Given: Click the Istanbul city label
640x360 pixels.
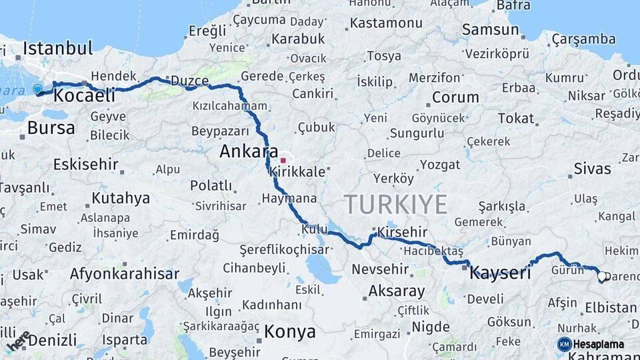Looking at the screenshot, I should [57, 48].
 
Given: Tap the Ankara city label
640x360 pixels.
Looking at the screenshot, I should [249, 152].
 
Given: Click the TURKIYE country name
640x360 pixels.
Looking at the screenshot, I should [395, 204].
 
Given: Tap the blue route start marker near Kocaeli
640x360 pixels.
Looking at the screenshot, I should [37, 89].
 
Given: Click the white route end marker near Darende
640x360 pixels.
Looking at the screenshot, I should [602, 276].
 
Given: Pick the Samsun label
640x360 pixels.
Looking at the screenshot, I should [490, 29].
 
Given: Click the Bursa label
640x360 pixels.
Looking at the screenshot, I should [51, 127].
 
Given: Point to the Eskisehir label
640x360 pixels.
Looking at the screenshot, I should [85, 164].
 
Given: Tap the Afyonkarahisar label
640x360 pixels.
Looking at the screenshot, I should [124, 273].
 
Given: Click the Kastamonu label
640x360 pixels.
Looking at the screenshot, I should [387, 23].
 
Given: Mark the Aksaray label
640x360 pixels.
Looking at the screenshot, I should [396, 291].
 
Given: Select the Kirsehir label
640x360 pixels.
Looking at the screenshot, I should [402, 232].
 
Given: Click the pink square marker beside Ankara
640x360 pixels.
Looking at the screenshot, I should [283, 160].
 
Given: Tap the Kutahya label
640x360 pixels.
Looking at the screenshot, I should [121, 198].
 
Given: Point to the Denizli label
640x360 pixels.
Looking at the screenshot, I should [52, 340].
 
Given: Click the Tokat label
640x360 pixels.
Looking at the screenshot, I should [516, 119].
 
